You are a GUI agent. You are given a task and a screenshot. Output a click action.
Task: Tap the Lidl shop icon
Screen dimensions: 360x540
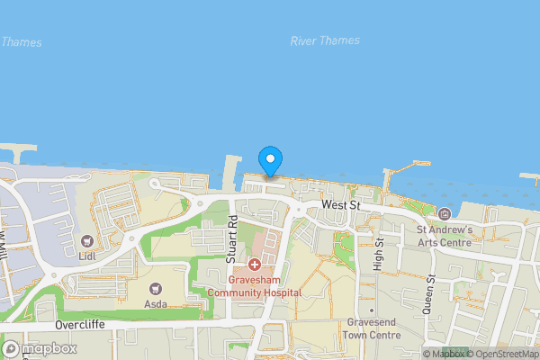[x=87, y=240]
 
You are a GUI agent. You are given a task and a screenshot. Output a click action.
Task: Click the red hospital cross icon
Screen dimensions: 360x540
[x=255, y=265]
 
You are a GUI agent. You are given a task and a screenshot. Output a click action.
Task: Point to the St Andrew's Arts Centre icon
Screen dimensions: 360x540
[x=445, y=213]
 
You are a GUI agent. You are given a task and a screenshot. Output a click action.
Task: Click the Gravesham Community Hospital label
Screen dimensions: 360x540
[x=255, y=286]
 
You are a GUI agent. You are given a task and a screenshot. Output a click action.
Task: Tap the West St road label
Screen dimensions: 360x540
[x=340, y=206]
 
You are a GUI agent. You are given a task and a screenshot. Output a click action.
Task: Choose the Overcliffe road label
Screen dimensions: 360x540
[x=81, y=324]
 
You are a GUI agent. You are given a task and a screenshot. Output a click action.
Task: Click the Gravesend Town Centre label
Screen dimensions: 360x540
[x=372, y=328]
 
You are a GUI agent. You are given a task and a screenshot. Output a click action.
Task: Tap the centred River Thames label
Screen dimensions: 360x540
[x=325, y=40]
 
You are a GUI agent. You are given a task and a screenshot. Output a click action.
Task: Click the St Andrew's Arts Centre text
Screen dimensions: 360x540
[x=445, y=236]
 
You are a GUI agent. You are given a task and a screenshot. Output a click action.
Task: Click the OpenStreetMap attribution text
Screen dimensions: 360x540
[x=507, y=354]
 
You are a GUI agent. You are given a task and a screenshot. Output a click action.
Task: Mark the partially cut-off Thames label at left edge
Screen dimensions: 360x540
[x=21, y=41]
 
